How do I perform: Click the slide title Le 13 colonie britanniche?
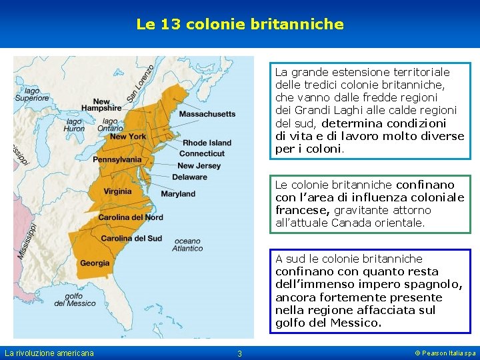coord(240,25)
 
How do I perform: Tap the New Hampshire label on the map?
coord(101,105)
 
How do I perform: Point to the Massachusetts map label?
coord(207,114)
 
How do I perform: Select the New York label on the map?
coord(128,137)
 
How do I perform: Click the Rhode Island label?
coord(207,143)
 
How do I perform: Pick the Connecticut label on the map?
coord(201,153)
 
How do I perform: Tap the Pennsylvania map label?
coord(117,160)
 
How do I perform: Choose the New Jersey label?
coord(199,165)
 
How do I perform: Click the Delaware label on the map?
coord(189,177)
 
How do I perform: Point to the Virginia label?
coord(117,192)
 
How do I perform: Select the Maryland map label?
coord(178,194)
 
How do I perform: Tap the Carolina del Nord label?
coord(131,217)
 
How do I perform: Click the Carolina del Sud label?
coord(131,239)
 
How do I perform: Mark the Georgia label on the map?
coord(95,263)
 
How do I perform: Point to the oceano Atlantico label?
coord(187,245)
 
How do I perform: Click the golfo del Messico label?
coord(75,299)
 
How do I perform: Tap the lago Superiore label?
coord(27,94)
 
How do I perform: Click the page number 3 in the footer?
coord(240,353)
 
